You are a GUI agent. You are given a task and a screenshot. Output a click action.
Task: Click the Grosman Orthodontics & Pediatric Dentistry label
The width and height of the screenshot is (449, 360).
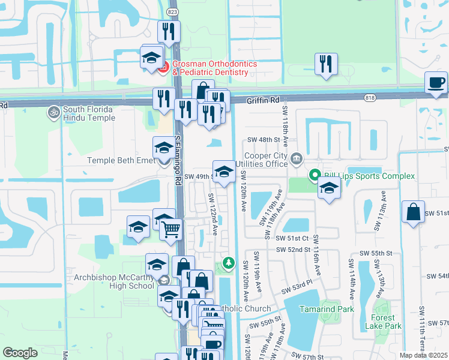[215, 68]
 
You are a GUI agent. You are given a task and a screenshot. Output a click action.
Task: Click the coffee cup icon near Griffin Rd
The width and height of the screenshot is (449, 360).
[436, 82]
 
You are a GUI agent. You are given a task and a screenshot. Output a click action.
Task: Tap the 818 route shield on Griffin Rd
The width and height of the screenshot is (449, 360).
[369, 97]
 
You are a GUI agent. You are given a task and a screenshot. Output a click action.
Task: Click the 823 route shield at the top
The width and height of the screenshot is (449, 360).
[173, 11]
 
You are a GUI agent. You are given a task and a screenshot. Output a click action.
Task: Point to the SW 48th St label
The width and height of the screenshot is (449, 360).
[265, 140]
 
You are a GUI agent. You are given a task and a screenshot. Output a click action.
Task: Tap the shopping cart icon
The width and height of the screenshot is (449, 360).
[171, 229]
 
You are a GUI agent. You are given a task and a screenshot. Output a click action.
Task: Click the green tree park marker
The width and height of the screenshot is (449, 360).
[228, 263]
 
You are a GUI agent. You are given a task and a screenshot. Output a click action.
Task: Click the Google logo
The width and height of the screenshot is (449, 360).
[20, 353]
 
